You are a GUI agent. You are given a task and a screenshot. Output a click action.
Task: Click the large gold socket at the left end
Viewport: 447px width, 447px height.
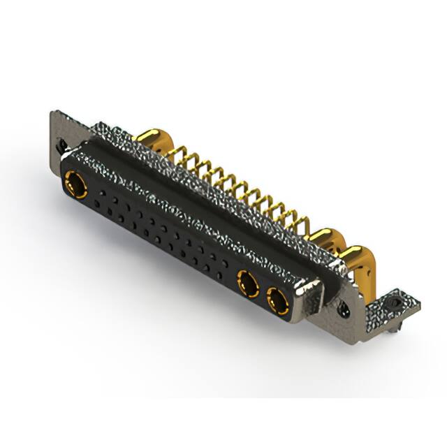pos(73,186)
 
